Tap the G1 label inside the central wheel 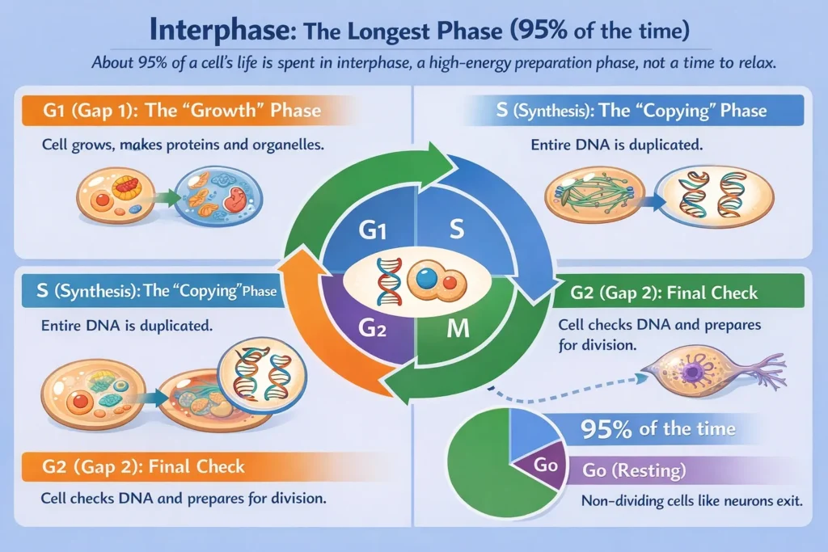(372, 230)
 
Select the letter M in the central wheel (458, 329)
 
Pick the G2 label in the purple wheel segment (372, 328)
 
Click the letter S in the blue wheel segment (456, 229)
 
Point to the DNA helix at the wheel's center (389, 282)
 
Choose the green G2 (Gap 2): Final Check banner (678, 293)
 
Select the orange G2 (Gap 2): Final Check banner (201, 466)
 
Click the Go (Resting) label (634, 470)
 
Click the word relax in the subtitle (755, 63)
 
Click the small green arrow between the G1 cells (167, 199)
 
